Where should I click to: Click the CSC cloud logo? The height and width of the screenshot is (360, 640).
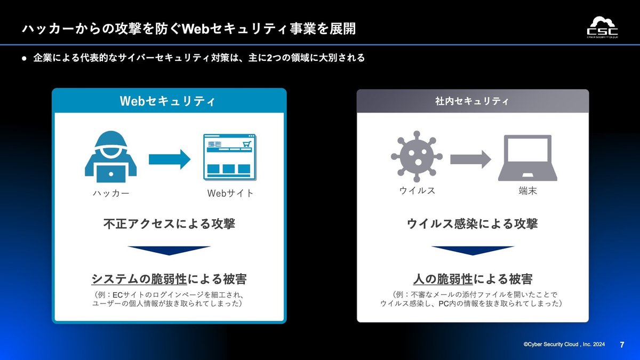(603, 27)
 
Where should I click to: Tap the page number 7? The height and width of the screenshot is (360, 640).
(622, 345)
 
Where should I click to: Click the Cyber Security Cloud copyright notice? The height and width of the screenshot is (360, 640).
(564, 345)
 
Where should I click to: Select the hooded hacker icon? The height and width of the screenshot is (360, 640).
(111, 157)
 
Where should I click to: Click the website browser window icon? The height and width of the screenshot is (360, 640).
(230, 157)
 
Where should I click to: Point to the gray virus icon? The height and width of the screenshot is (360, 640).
(417, 157)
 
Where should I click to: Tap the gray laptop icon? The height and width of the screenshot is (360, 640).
(527, 158)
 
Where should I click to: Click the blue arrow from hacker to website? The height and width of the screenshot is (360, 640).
(170, 159)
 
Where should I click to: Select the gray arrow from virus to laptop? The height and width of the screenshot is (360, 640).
(470, 159)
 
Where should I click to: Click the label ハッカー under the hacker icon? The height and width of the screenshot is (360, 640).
(111, 194)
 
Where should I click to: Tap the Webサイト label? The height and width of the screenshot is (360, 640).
(230, 194)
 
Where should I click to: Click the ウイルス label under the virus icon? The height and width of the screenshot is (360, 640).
(417, 190)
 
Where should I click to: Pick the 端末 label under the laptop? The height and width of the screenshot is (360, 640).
(527, 191)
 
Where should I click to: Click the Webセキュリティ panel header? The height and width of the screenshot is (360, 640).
(169, 101)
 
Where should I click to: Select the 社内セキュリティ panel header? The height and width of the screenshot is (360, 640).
(473, 101)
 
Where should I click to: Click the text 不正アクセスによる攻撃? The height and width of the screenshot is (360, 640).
(169, 223)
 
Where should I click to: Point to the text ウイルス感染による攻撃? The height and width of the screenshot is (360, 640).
(473, 223)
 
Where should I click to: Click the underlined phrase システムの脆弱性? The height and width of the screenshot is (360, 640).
(139, 279)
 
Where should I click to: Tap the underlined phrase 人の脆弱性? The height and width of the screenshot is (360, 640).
(443, 279)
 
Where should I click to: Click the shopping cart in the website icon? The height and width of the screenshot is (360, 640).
(247, 143)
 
